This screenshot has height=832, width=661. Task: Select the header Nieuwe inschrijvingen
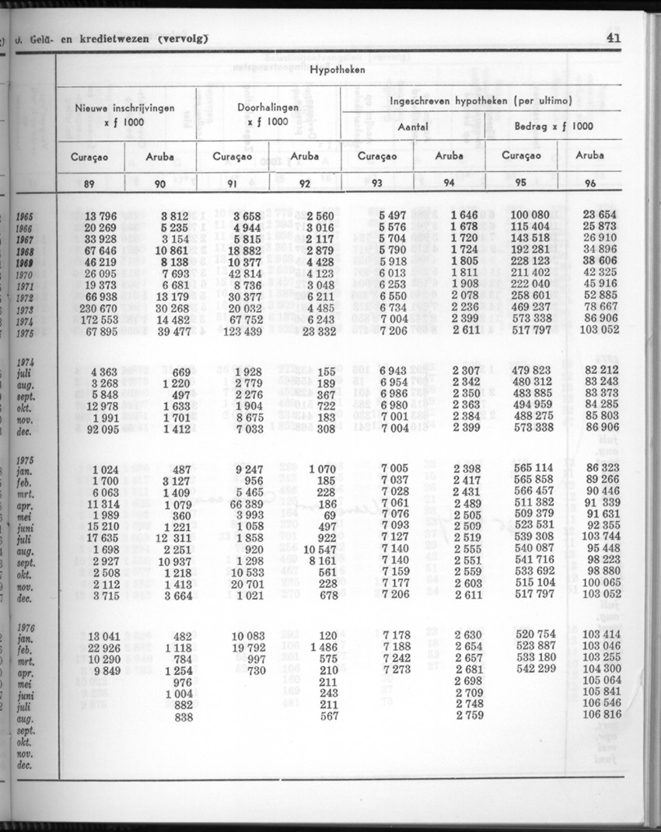(x=124, y=108)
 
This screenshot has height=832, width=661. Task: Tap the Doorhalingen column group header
(x=268, y=107)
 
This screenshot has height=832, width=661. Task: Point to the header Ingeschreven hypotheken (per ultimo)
(x=481, y=101)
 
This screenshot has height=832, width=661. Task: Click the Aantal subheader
(x=413, y=126)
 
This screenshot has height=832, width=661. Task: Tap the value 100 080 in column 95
(x=530, y=215)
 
